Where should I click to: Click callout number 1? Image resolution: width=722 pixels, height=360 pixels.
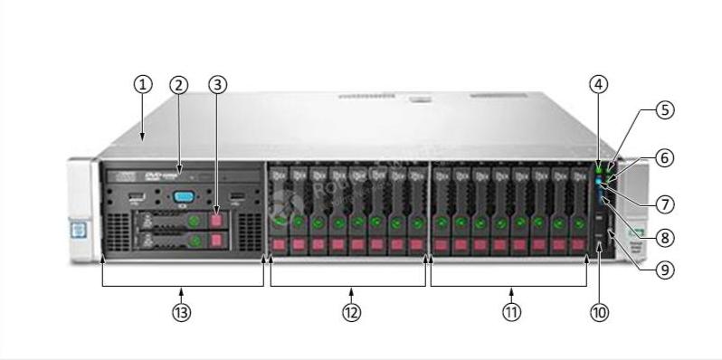pos(142,84)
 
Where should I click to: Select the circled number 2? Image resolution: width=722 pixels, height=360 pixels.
pos(179,84)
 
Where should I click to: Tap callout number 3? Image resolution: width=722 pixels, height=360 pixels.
pos(217,84)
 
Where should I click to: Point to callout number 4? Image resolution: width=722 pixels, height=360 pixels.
pos(598,84)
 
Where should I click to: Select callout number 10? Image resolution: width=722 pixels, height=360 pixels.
pos(599,312)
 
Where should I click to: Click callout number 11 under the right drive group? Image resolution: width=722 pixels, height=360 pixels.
pos(512,312)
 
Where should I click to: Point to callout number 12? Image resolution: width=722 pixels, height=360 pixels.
pos(351,312)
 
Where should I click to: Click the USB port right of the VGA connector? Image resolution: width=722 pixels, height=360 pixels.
pos(237,196)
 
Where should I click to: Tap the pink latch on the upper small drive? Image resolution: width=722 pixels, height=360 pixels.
pos(217,220)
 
